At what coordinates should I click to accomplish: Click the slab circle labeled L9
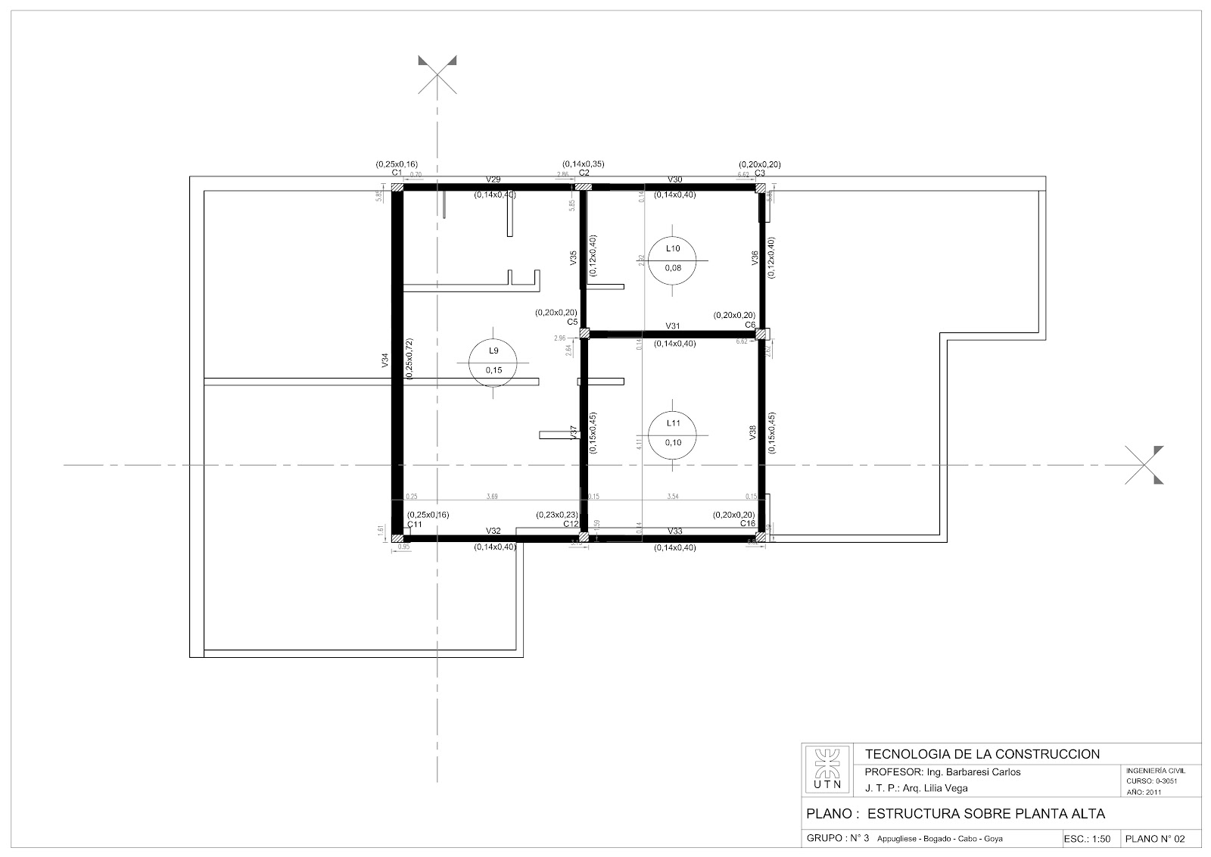pyautogui.click(x=493, y=360)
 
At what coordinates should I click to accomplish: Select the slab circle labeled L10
pyautogui.click(x=672, y=258)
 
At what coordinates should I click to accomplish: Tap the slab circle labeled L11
pyautogui.click(x=672, y=433)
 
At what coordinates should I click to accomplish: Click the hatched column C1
pyautogui.click(x=397, y=185)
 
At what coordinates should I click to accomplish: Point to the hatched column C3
pyautogui.click(x=761, y=185)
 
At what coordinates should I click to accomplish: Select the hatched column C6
pyautogui.click(x=761, y=334)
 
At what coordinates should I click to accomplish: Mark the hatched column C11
pyautogui.click(x=397, y=538)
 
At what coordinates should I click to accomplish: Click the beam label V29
pyautogui.click(x=493, y=179)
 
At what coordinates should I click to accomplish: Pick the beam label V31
pyautogui.click(x=673, y=326)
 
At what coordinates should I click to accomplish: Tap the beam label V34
pyautogui.click(x=385, y=361)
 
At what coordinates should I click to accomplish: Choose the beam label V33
pyautogui.click(x=675, y=531)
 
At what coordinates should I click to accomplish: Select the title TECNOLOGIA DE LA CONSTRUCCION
pyautogui.click(x=982, y=754)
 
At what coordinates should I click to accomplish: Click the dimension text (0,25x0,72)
pyautogui.click(x=409, y=360)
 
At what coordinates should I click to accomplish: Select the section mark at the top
pyautogui.click(x=437, y=73)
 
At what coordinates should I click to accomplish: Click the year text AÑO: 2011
pyautogui.click(x=1144, y=793)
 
